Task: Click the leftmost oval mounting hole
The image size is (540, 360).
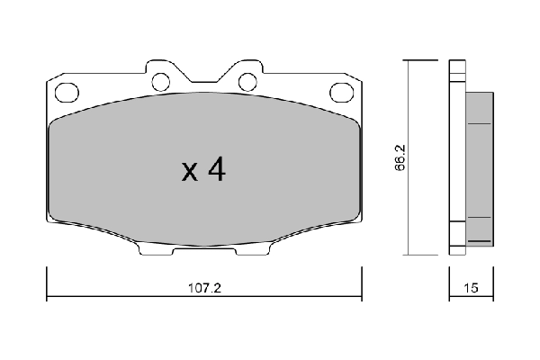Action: tap(67, 90)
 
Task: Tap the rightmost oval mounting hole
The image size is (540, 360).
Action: tap(341, 90)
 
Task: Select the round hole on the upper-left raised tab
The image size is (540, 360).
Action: tap(161, 82)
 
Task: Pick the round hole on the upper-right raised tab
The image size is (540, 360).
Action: tap(247, 82)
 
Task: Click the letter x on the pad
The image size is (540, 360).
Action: tap(189, 172)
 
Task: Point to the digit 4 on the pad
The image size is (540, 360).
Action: tap(215, 170)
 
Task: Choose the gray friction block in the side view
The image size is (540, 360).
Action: tap(480, 166)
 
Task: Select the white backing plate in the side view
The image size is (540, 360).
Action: tap(456, 157)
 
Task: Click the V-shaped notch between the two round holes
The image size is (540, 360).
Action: tap(204, 75)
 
